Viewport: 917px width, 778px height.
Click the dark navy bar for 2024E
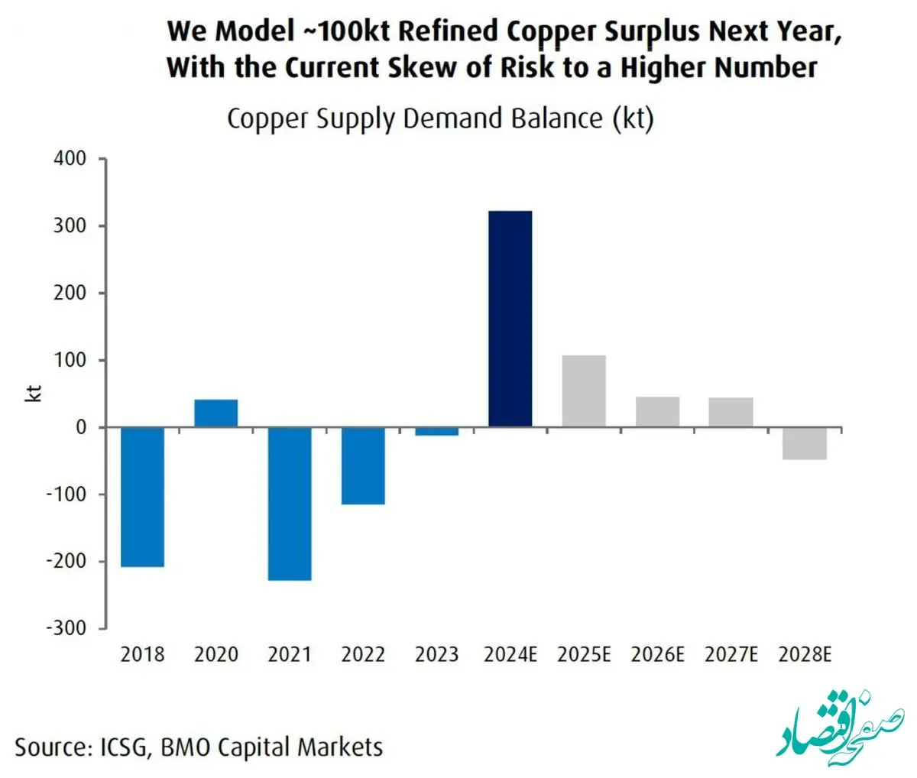point(510,319)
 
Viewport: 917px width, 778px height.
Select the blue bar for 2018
point(142,497)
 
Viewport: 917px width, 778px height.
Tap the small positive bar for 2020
point(215,413)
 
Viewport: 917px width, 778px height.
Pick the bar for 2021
point(289,504)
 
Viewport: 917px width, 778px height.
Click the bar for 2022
point(363,465)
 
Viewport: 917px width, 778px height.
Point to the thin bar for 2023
point(436,431)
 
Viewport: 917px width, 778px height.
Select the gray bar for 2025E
point(584,391)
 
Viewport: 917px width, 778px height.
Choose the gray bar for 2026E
point(657,412)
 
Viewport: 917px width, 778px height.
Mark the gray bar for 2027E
point(731,412)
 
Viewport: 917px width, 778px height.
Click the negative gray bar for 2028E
point(805,443)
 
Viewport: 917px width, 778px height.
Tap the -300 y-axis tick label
point(66,628)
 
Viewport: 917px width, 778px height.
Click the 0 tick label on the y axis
point(81,427)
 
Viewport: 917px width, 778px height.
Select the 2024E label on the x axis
point(510,655)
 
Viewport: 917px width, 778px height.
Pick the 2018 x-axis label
point(142,655)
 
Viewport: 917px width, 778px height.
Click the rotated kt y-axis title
point(34,394)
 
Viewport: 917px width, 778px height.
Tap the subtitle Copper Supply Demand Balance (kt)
point(440,119)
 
